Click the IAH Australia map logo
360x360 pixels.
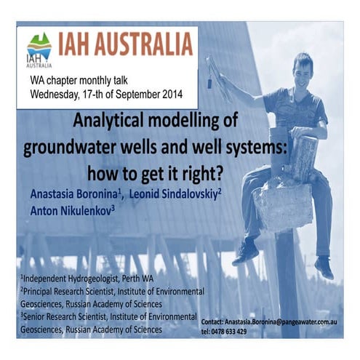[x=39, y=50]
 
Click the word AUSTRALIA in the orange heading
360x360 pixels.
[x=143, y=44]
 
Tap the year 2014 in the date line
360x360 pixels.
[x=172, y=94]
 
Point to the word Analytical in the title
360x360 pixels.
[x=108, y=121]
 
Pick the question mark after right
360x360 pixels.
[x=219, y=172]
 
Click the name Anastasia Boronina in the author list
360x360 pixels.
[x=73, y=194]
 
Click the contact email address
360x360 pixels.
[x=281, y=322]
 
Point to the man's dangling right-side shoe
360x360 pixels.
[x=324, y=267]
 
